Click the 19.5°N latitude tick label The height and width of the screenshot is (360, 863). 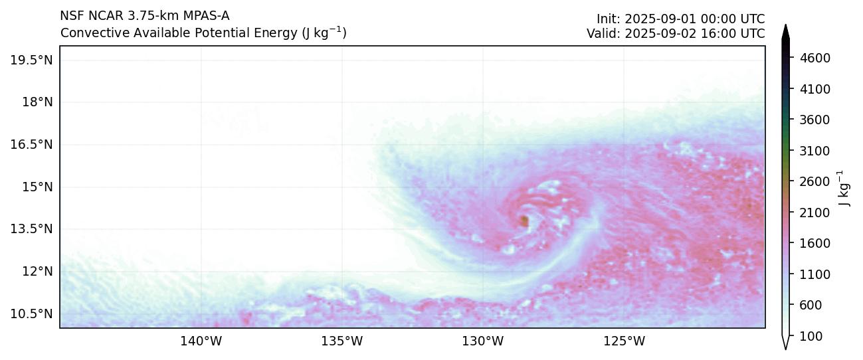(x=31, y=60)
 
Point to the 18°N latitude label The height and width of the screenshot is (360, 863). (x=37, y=102)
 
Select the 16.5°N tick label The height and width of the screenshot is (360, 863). (x=31, y=144)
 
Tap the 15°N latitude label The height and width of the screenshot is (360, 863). (x=37, y=187)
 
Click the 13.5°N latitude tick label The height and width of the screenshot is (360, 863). (x=31, y=229)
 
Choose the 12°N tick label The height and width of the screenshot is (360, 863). (x=37, y=271)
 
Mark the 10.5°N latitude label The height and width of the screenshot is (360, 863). (x=31, y=314)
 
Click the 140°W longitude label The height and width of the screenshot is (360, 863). (x=201, y=341)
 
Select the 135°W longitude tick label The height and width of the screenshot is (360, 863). (x=342, y=341)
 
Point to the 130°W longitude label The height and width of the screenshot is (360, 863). (x=483, y=341)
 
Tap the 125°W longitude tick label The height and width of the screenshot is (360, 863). (x=624, y=341)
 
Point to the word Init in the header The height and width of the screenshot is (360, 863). (x=608, y=19)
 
